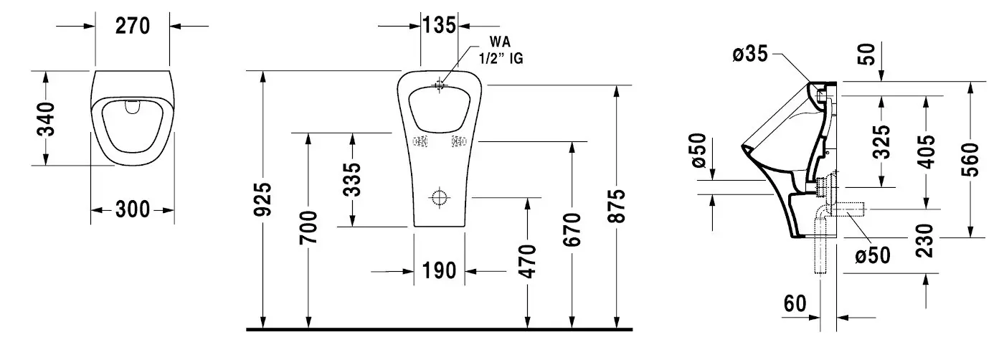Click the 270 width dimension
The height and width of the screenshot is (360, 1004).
133,26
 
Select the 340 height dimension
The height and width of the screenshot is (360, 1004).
45,119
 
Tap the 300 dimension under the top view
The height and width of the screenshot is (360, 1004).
133,210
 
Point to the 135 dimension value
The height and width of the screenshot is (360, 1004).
439,26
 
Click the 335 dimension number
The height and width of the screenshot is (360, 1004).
352,179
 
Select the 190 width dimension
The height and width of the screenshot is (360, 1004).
439,271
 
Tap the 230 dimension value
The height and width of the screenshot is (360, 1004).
927,240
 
